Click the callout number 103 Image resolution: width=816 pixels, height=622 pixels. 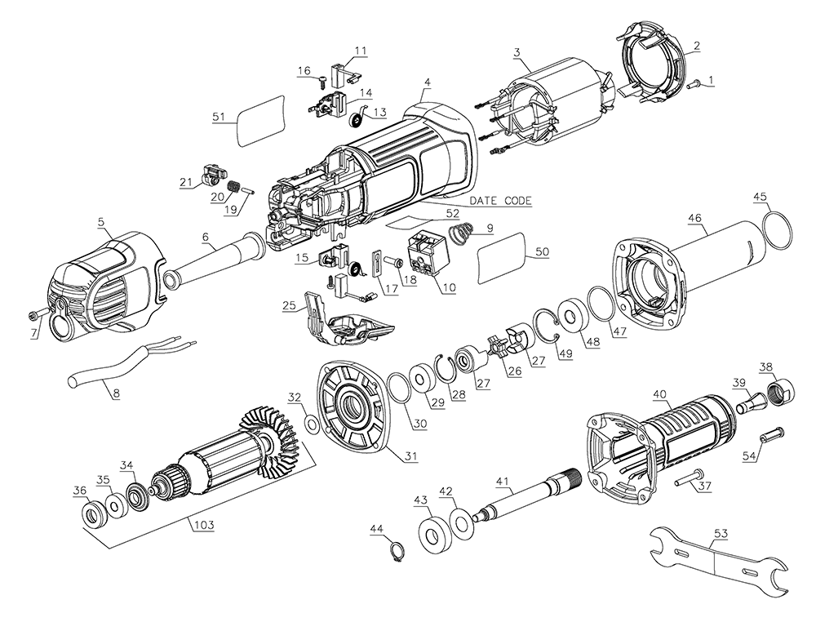(203, 525)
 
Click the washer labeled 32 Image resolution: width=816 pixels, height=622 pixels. (312, 424)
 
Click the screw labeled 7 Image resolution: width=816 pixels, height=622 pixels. (33, 314)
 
